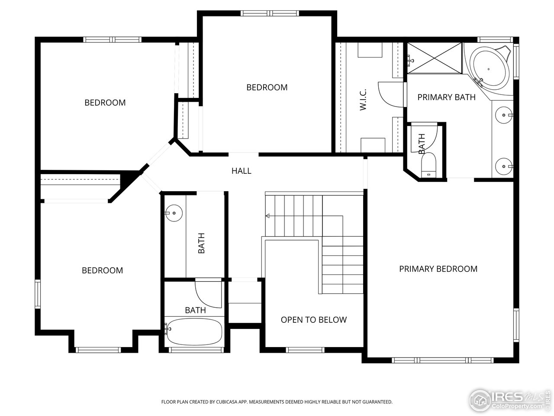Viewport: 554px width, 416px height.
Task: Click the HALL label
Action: (x=241, y=171)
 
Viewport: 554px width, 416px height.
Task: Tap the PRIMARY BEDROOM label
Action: (x=438, y=269)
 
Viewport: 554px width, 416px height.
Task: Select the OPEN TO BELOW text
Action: (x=313, y=320)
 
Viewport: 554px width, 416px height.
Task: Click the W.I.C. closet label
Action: (x=363, y=99)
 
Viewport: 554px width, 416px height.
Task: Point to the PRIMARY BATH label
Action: (x=446, y=97)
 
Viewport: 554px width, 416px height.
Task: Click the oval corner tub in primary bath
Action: (x=490, y=69)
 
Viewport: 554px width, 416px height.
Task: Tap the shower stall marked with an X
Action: (x=435, y=58)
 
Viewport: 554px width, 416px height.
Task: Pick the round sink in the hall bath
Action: (x=174, y=213)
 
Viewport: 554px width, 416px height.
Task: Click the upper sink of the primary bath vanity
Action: (x=504, y=115)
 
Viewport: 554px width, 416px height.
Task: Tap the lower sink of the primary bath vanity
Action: (x=504, y=166)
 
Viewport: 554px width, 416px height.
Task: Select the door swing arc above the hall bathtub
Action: (x=208, y=295)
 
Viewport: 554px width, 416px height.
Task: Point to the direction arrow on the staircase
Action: (x=268, y=216)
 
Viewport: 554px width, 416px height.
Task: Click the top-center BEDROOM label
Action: (x=267, y=87)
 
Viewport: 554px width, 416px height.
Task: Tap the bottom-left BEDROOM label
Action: (x=102, y=270)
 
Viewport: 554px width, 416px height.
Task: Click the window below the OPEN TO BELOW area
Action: (x=305, y=350)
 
